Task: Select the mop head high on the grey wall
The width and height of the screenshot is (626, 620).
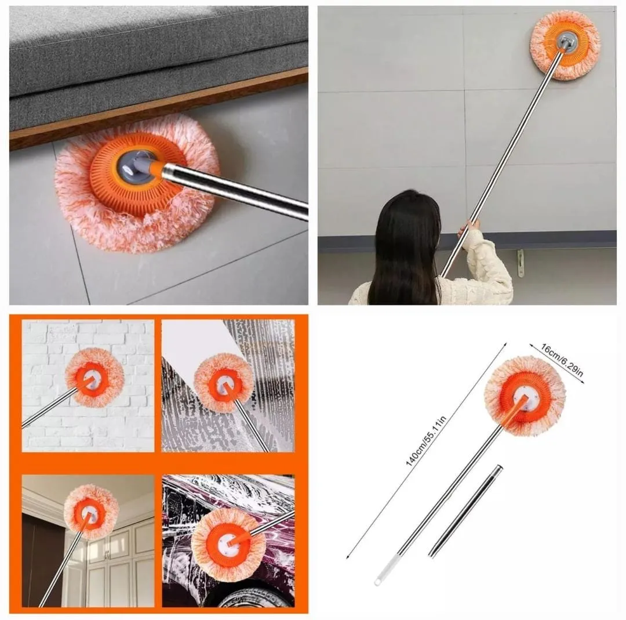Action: [x=565, y=45]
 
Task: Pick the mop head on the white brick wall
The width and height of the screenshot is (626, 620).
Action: [x=94, y=378]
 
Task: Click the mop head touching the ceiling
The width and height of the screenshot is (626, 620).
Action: [x=92, y=512]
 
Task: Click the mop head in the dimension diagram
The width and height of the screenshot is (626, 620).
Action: [x=525, y=396]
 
